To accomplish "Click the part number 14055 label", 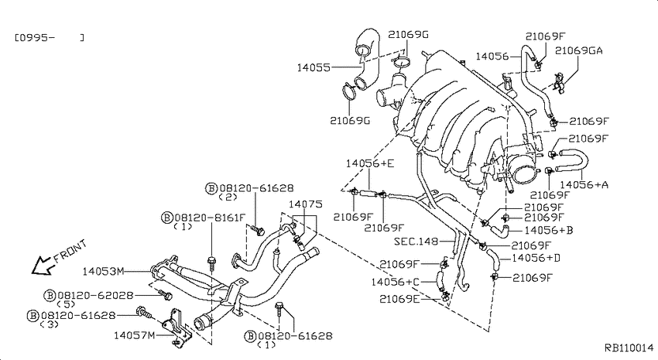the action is coord(314,67).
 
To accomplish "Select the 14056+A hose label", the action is coord(584,184).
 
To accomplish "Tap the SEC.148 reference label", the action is coord(416,242).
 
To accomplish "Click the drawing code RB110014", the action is coord(629,348).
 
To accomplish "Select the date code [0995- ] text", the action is coord(50,38).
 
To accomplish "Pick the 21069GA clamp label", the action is coord(579,51).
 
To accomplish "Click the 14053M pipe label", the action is coord(103,272).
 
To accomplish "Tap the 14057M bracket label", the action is coord(135,335).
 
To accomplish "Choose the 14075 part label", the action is coord(306,204).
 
